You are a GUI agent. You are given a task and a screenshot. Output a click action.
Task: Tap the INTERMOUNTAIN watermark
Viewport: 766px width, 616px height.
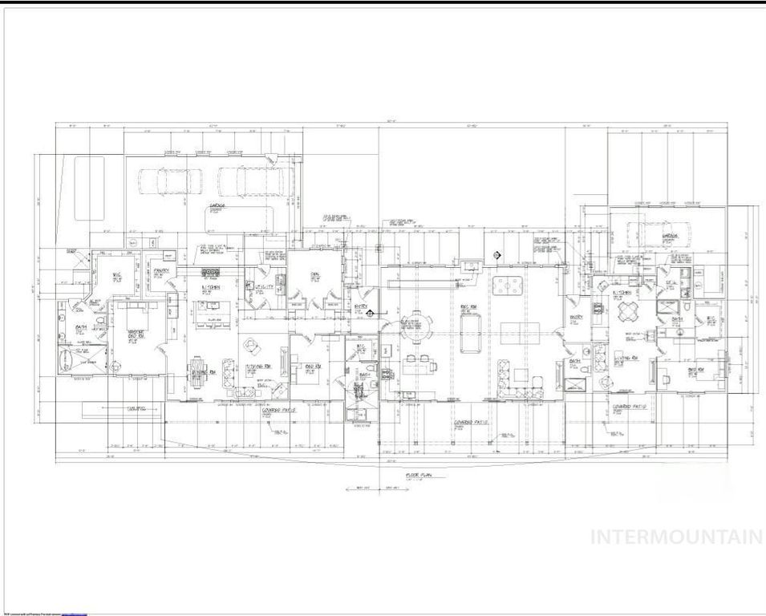point(676,537)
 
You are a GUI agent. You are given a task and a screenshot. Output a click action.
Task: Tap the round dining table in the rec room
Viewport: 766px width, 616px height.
point(415,326)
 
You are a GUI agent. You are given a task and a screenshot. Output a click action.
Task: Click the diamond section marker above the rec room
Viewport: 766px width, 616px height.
point(496,256)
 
